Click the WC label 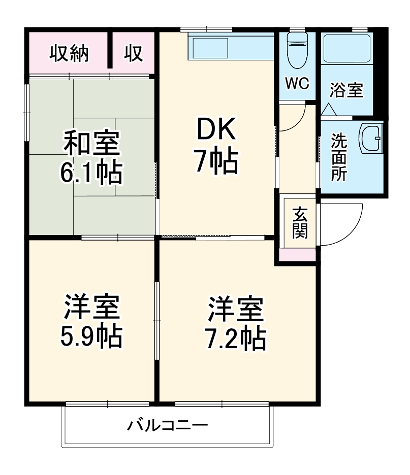click(297, 84)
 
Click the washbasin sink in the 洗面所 click(371, 138)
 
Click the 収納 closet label click(69, 53)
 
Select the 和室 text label click(91, 143)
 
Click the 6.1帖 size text click(91, 173)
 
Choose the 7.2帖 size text click(236, 337)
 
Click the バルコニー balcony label click(168, 424)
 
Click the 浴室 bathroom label click(346, 90)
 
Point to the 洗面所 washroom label click(339, 157)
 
